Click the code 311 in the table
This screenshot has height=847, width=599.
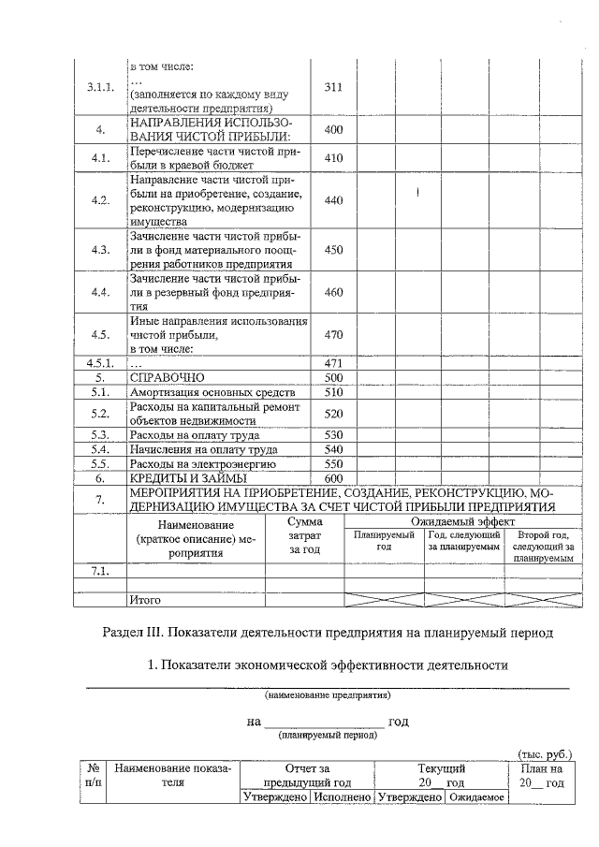point(333,87)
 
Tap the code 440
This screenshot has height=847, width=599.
point(333,200)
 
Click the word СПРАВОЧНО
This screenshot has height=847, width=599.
point(167,377)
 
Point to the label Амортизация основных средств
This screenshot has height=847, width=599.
point(212,392)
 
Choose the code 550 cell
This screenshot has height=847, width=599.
point(333,464)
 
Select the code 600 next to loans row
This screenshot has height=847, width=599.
point(333,479)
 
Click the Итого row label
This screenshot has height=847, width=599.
point(146,599)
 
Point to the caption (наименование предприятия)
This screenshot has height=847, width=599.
point(327,696)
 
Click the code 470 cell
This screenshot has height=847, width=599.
point(333,335)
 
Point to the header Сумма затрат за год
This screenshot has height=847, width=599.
point(304,536)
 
